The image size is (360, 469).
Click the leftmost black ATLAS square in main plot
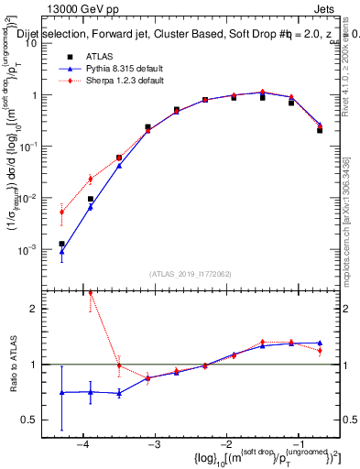61,244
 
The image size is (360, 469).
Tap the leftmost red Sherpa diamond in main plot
61,213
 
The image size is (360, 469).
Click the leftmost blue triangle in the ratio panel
61,392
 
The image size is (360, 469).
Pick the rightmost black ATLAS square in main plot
320,130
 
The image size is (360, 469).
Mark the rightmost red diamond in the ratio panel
320,351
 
